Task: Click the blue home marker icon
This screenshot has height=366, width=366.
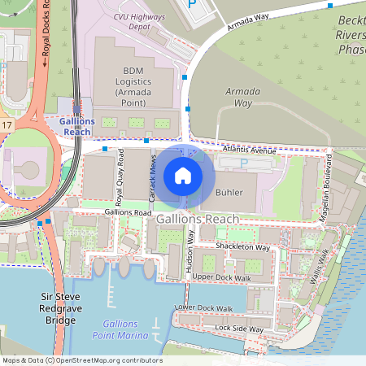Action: [183, 175]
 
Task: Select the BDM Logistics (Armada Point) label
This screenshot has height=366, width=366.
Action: [132, 87]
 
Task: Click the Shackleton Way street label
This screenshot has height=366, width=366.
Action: [242, 246]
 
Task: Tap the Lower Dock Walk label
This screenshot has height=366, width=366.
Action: [204, 308]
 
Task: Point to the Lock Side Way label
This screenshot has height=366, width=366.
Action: [239, 329]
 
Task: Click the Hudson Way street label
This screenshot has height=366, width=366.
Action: [190, 249]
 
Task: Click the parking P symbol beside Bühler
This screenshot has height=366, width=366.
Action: [245, 163]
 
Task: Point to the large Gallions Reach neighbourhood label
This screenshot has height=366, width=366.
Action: [198, 220]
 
